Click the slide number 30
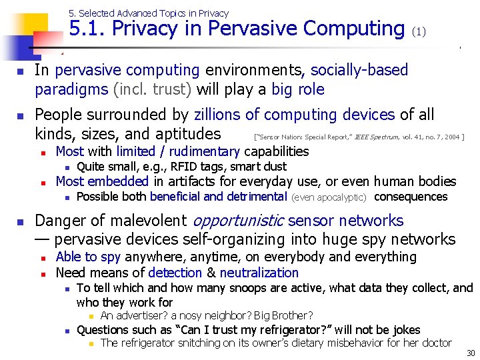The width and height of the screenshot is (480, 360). click(x=471, y=353)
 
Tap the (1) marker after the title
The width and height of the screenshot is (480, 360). click(x=419, y=31)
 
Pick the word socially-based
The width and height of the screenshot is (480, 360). click(x=359, y=70)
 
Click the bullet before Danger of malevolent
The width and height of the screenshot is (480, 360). click(x=21, y=221)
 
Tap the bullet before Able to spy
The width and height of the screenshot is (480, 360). click(x=42, y=257)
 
